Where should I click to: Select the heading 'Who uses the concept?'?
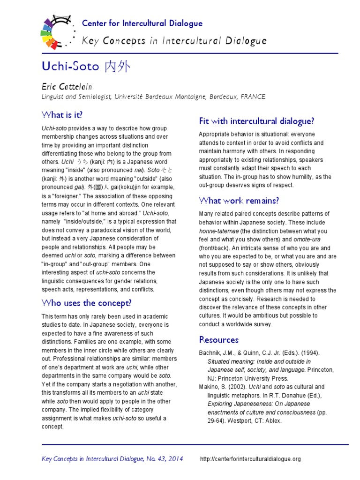click(x=87, y=303)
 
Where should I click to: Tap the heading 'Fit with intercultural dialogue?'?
click(x=256, y=121)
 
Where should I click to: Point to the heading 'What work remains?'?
click(x=239, y=201)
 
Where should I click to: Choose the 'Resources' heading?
click(x=218, y=339)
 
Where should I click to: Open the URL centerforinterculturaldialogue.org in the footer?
click(x=250, y=459)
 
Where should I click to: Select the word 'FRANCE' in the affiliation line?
click(x=253, y=97)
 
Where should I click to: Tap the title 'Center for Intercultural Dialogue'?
click(x=142, y=23)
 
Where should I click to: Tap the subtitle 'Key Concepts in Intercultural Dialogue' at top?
click(x=174, y=41)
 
